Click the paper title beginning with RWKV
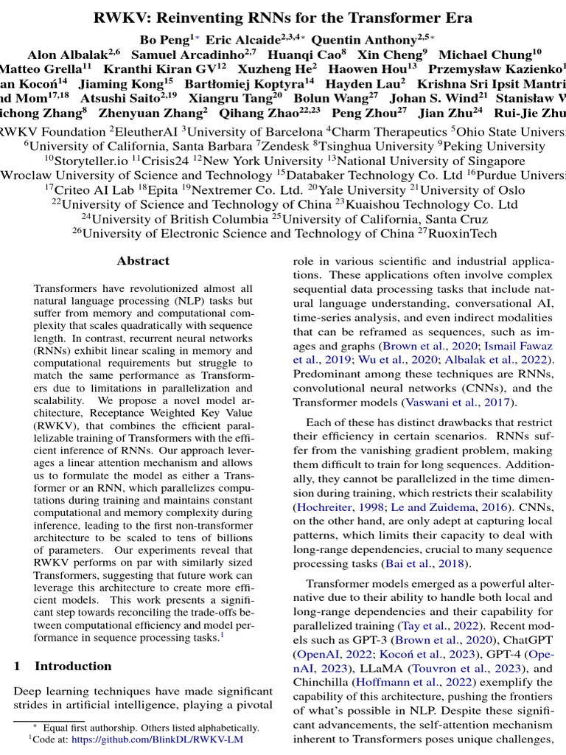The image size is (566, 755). point(283,18)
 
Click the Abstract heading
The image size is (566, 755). point(143,261)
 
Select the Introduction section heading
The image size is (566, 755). point(73,667)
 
